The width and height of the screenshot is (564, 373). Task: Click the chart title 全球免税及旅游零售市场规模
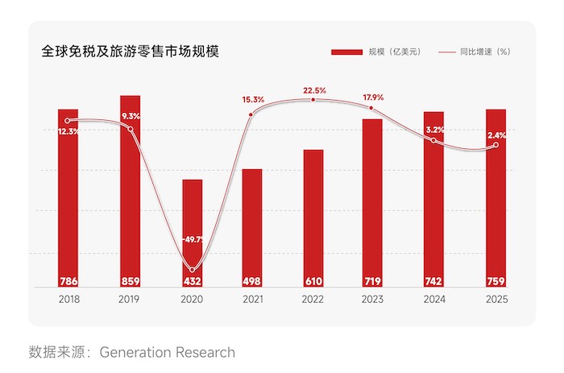pyautogui.click(x=131, y=52)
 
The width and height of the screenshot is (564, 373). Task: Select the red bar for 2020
pyautogui.click(x=193, y=233)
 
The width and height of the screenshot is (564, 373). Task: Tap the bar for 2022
pyautogui.click(x=313, y=218)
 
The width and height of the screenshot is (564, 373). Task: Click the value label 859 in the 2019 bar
pyautogui.click(x=131, y=281)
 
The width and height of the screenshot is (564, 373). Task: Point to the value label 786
pyautogui.click(x=68, y=281)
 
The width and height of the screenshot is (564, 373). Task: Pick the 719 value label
pyautogui.click(x=372, y=281)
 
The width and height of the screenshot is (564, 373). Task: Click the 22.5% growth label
pyautogui.click(x=314, y=90)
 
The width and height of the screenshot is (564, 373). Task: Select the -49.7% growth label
pyautogui.click(x=193, y=239)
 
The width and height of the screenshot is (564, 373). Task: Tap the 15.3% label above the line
pyautogui.click(x=253, y=99)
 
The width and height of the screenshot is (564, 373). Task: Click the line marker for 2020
pyautogui.click(x=192, y=270)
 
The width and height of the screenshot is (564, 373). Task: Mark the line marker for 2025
pyautogui.click(x=496, y=145)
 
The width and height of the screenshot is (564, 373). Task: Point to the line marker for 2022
pyautogui.click(x=313, y=100)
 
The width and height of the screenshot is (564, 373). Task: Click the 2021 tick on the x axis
pyautogui.click(x=253, y=299)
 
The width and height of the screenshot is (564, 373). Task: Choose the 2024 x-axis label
pyautogui.click(x=434, y=299)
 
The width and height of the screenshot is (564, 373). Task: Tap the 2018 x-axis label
pyautogui.click(x=69, y=299)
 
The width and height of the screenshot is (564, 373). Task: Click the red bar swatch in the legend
pyautogui.click(x=346, y=52)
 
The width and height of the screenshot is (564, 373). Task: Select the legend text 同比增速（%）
pyautogui.click(x=485, y=52)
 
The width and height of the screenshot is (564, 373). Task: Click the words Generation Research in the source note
pyautogui.click(x=168, y=352)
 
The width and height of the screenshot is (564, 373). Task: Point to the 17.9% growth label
pyautogui.click(x=373, y=97)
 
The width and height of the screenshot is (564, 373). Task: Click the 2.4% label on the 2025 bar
pyautogui.click(x=497, y=135)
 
